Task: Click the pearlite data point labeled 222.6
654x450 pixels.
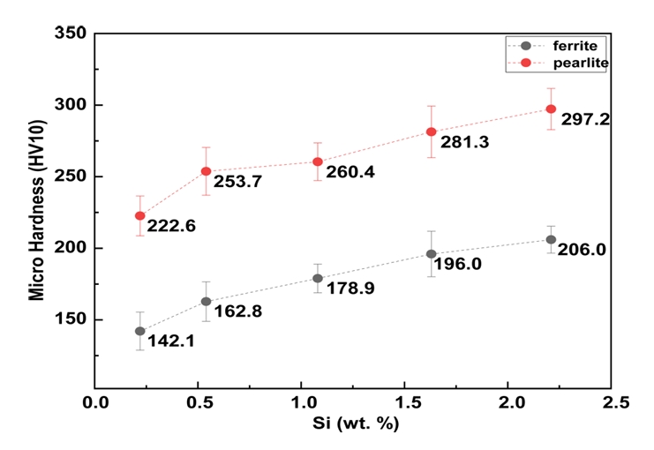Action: [x=139, y=215]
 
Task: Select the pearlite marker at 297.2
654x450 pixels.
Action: [x=551, y=109]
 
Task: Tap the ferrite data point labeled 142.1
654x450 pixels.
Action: [x=139, y=331]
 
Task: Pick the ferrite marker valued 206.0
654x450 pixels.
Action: [x=551, y=239]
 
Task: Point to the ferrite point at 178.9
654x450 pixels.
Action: [x=318, y=278]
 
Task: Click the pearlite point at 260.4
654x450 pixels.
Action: [x=318, y=161]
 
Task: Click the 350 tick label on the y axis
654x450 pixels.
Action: [x=70, y=34]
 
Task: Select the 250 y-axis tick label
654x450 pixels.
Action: [x=70, y=176]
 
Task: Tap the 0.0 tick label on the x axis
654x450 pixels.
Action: [x=94, y=404]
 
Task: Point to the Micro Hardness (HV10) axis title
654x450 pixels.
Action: [x=36, y=212]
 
